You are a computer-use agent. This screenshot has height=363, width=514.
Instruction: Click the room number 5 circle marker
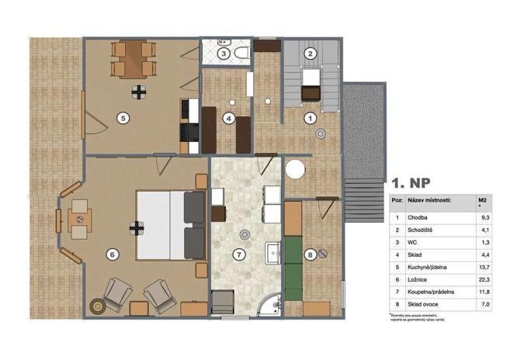[121, 118]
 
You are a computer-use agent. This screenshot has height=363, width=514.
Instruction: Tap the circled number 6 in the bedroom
[112, 253]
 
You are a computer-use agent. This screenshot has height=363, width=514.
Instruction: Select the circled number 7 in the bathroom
[239, 254]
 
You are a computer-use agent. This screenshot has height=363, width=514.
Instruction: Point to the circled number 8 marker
[311, 254]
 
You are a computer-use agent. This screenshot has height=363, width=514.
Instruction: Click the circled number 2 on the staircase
[310, 54]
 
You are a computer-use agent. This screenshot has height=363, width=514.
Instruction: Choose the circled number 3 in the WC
[223, 54]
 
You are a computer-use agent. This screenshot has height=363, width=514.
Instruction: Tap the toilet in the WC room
[242, 53]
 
